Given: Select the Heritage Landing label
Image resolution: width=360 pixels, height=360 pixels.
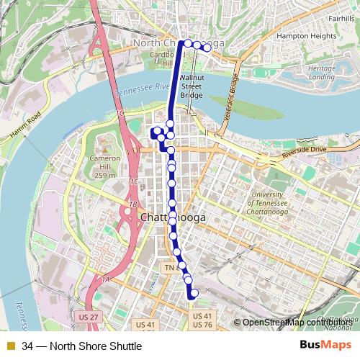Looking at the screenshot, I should (321, 72).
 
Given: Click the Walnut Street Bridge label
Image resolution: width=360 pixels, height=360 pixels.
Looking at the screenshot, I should (192, 86).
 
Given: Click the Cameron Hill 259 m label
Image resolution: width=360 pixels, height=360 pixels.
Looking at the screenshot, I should (104, 165).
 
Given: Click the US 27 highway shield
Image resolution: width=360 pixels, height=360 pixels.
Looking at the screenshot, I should (86, 316).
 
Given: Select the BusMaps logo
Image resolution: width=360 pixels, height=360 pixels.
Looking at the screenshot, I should (321, 346).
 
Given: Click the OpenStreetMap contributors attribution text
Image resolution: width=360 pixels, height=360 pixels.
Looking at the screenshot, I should (297, 322).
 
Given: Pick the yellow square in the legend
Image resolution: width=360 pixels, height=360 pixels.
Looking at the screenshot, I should (10, 346).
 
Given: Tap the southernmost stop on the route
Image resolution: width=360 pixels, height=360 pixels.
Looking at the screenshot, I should (194, 293).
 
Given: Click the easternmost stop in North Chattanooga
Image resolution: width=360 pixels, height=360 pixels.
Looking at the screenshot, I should (207, 48).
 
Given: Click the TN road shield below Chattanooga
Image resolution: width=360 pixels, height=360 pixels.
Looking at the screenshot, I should (170, 268).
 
